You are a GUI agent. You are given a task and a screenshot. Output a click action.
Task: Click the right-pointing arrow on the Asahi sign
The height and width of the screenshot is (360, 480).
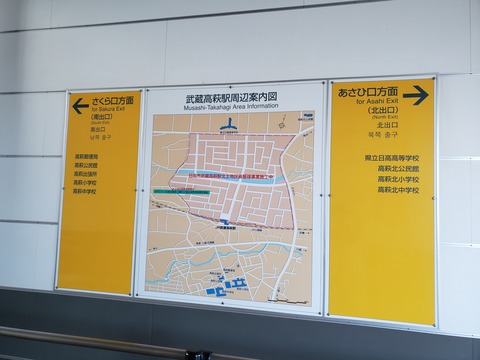[x=416, y=95]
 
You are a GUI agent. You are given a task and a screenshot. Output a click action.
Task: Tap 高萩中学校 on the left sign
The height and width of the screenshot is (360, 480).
[x=86, y=192]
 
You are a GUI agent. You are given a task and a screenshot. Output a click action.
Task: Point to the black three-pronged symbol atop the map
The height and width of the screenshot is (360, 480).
[x=231, y=125]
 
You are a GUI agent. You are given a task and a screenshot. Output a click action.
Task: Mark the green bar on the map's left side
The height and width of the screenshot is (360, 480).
[x=181, y=190]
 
